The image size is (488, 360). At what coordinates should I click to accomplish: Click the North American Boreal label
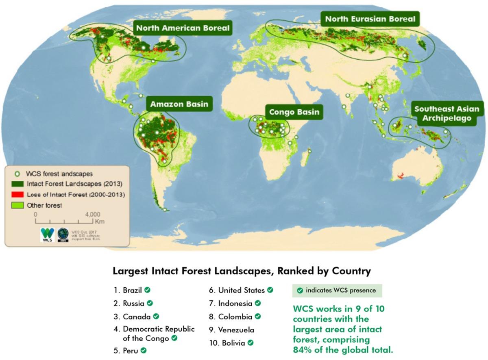[183, 28]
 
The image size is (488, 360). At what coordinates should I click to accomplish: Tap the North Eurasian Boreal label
[370, 19]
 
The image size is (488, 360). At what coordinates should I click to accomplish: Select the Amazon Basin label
[179, 104]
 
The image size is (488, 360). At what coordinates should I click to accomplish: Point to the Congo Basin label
[294, 112]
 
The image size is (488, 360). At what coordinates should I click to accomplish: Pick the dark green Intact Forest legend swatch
[18, 184]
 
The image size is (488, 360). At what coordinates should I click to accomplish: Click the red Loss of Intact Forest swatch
[18, 195]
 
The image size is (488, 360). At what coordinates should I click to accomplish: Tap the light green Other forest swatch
[18, 205]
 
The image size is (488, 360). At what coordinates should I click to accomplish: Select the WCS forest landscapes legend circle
[17, 174]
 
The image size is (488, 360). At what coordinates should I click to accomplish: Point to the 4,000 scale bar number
[93, 214]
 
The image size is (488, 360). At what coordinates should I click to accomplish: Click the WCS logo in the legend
[48, 234]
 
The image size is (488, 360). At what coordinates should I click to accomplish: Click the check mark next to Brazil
[148, 290]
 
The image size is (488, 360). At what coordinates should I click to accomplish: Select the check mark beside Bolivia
[251, 343]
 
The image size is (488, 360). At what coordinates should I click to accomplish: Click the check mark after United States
[270, 290]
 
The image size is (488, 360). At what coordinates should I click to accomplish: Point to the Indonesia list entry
[235, 303]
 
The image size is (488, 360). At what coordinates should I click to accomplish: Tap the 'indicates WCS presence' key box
[337, 291]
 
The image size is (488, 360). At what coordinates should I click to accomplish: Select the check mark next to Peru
[144, 349]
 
